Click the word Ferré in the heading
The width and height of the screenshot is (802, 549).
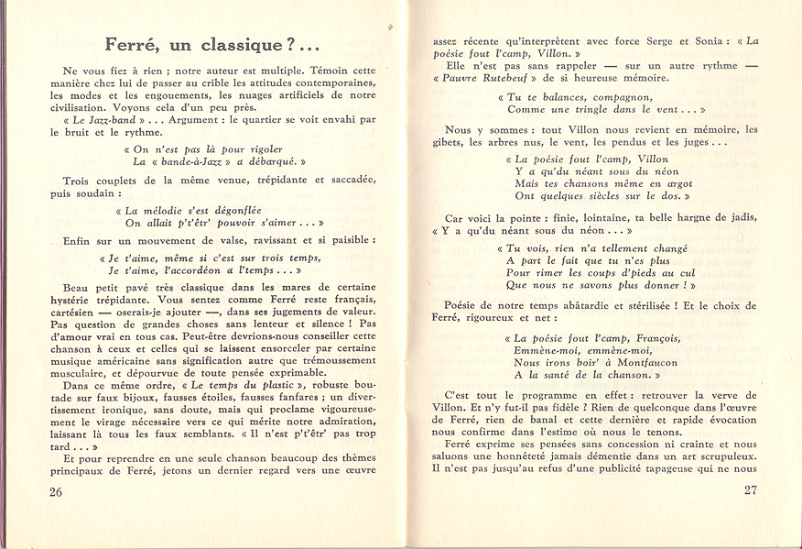[132, 44]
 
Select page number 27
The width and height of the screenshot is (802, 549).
[750, 490]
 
